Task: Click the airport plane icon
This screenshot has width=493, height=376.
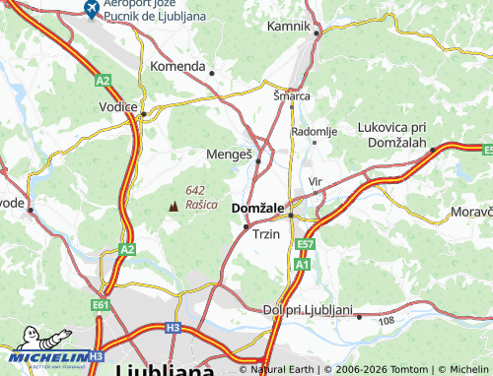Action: click(x=91, y=10)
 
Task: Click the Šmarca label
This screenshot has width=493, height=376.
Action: click(x=292, y=96)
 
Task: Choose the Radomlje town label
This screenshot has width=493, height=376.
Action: click(x=315, y=131)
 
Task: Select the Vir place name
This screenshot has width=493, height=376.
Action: click(x=316, y=182)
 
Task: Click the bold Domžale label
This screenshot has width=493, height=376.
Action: click(x=257, y=209)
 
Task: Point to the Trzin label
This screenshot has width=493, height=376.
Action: click(x=266, y=235)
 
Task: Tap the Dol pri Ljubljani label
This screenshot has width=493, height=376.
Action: click(x=308, y=309)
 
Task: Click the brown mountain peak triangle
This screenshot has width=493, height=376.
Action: click(x=175, y=206)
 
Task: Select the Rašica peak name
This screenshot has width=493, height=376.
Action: click(x=201, y=204)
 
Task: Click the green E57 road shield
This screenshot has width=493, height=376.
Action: click(x=305, y=244)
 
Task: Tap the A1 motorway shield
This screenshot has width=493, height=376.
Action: click(x=301, y=265)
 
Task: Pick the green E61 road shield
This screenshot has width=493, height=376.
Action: click(x=101, y=306)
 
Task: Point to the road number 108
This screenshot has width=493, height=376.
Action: click(x=386, y=321)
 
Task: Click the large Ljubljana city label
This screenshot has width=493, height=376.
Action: click(x=165, y=369)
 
